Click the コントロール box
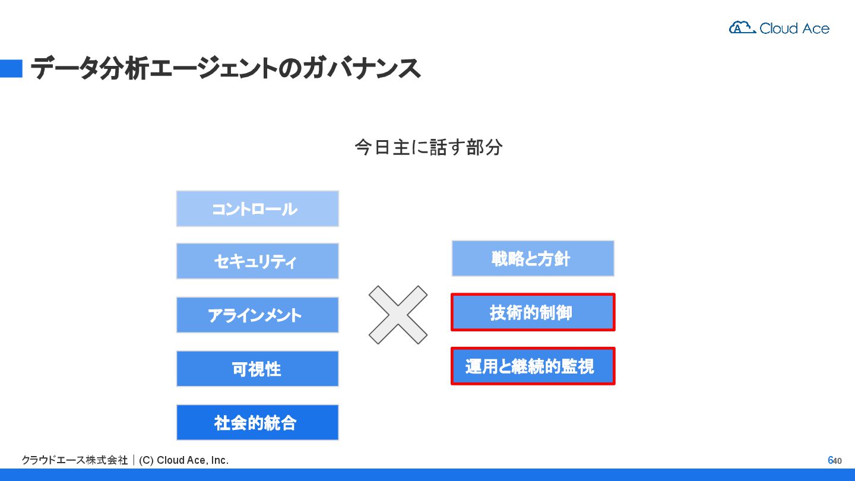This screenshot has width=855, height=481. pyautogui.click(x=257, y=208)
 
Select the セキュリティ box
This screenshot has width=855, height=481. pyautogui.click(x=257, y=261)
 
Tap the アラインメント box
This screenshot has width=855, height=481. pyautogui.click(x=257, y=315)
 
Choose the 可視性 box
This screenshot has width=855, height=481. pyautogui.click(x=257, y=369)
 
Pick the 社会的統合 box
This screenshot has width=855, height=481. pyautogui.click(x=257, y=423)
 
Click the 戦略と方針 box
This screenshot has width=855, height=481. pyautogui.click(x=533, y=258)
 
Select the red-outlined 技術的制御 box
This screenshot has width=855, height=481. pyautogui.click(x=533, y=312)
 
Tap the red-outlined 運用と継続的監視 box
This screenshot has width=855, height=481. pyautogui.click(x=533, y=366)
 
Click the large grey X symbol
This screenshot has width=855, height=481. pyautogui.click(x=398, y=315)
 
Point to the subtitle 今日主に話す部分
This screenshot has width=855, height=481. pyautogui.click(x=428, y=147)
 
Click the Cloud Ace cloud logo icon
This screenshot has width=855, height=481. pyautogui.click(x=742, y=27)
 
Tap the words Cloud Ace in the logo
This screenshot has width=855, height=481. pyautogui.click(x=794, y=28)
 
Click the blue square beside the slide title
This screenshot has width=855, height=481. pyautogui.click(x=11, y=69)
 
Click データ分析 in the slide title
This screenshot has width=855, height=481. pyautogui.click(x=89, y=69)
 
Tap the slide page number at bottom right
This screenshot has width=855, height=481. pyautogui.click(x=834, y=460)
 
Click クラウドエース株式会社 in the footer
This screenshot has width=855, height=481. pyautogui.click(x=74, y=460)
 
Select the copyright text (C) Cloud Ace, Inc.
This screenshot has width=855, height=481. pyautogui.click(x=183, y=460)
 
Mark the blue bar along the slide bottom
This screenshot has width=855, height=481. pyautogui.click(x=427, y=474)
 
